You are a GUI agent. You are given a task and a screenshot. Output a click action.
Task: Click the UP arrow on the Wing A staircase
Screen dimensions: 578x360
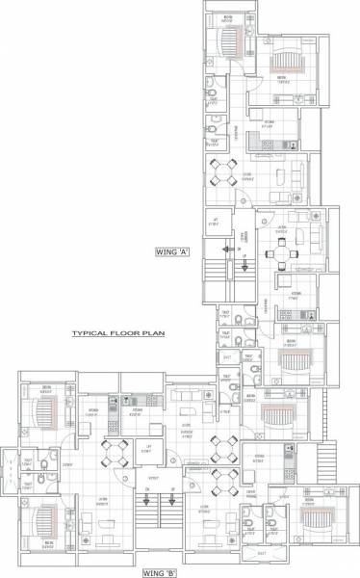[x=244, y=258]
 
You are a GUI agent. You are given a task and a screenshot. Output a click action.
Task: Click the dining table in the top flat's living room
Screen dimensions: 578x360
[x=224, y=175]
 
